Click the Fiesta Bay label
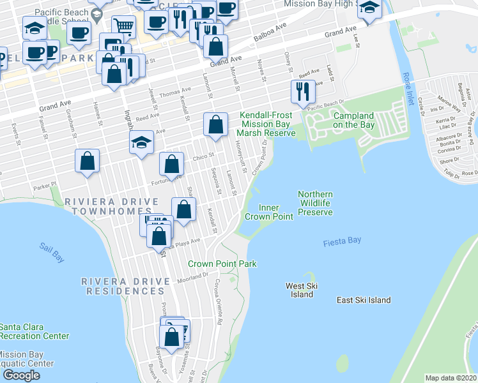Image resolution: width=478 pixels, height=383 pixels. pyautogui.click(x=342, y=241)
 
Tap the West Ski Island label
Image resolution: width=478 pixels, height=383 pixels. pyautogui.click(x=299, y=290)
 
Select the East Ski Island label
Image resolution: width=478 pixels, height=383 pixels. pyautogui.click(x=364, y=300)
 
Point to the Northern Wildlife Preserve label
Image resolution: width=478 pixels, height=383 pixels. pyautogui.click(x=315, y=203)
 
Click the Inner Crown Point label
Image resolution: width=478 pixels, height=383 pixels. pyautogui.click(x=268, y=212)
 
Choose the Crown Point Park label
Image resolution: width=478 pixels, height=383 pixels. pyautogui.click(x=222, y=264)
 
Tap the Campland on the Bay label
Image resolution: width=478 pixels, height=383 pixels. pyautogui.click(x=353, y=120)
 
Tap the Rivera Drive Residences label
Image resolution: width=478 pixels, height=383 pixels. pyautogui.click(x=123, y=286)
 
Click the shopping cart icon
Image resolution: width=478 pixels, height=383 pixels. pyautogui.click(x=123, y=26)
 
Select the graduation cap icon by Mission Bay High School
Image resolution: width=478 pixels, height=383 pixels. pyautogui.click(x=369, y=9)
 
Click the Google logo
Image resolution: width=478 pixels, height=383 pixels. pyautogui.click(x=21, y=375)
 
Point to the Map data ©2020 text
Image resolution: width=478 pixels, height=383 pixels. pyautogui.click(x=451, y=377)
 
